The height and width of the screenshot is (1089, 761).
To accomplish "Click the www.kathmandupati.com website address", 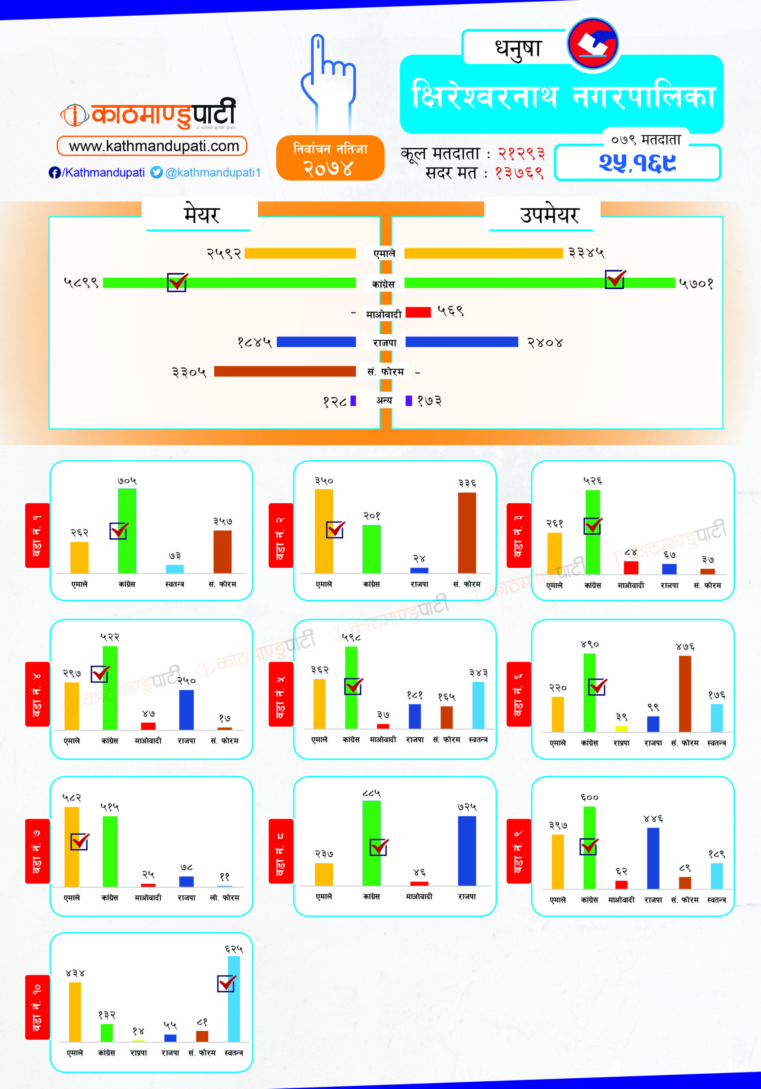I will [x=152, y=146].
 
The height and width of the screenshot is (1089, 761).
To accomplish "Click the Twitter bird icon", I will [x=156, y=172].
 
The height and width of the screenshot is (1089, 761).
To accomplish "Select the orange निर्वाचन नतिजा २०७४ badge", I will [x=330, y=158].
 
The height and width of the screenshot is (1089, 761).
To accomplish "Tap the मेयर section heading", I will [x=202, y=215].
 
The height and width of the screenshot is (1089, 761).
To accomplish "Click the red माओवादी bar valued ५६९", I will [x=418, y=312].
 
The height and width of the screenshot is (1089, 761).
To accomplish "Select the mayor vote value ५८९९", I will [x=81, y=283].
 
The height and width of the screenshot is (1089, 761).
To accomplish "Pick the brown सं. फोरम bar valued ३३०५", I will [x=284, y=371].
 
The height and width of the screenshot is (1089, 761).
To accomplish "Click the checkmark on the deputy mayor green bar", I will [x=615, y=279].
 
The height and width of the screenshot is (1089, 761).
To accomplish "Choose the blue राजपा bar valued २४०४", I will [x=461, y=342].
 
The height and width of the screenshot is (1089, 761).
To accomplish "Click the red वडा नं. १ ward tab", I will [x=37, y=535].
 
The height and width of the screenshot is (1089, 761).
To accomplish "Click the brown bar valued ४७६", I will [x=684, y=693].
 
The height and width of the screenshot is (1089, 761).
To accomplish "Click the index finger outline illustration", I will [x=328, y=81].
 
